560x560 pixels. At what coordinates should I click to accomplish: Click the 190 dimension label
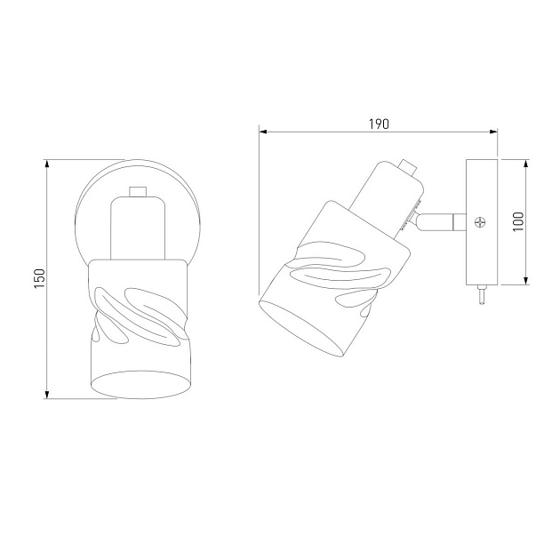[x=379, y=124]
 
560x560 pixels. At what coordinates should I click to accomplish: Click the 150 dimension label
[x=40, y=279]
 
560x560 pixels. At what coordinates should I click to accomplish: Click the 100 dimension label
[x=518, y=221]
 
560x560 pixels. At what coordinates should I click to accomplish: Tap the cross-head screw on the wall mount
[x=480, y=222]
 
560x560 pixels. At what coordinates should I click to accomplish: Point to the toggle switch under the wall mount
[x=482, y=294]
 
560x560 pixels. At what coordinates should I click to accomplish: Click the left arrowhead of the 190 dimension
[x=263, y=132]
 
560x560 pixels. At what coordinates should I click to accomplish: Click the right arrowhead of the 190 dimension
[x=493, y=132]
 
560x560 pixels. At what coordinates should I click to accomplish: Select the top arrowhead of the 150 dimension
[x=46, y=164]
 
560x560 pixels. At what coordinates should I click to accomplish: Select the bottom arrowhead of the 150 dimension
[x=46, y=394]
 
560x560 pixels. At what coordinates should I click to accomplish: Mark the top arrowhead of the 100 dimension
[x=525, y=164]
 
